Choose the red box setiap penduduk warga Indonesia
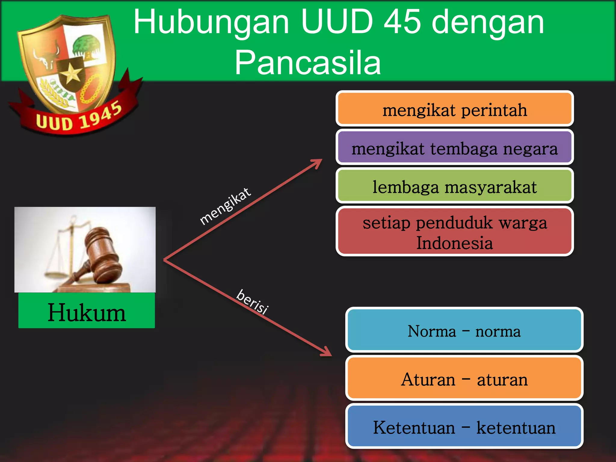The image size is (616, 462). [454, 232]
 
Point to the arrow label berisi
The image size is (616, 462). [252, 302]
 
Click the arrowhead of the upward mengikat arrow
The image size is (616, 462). [318, 162]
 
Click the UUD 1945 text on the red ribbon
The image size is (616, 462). [79, 118]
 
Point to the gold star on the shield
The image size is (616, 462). [72, 73]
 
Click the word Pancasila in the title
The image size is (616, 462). [308, 63]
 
